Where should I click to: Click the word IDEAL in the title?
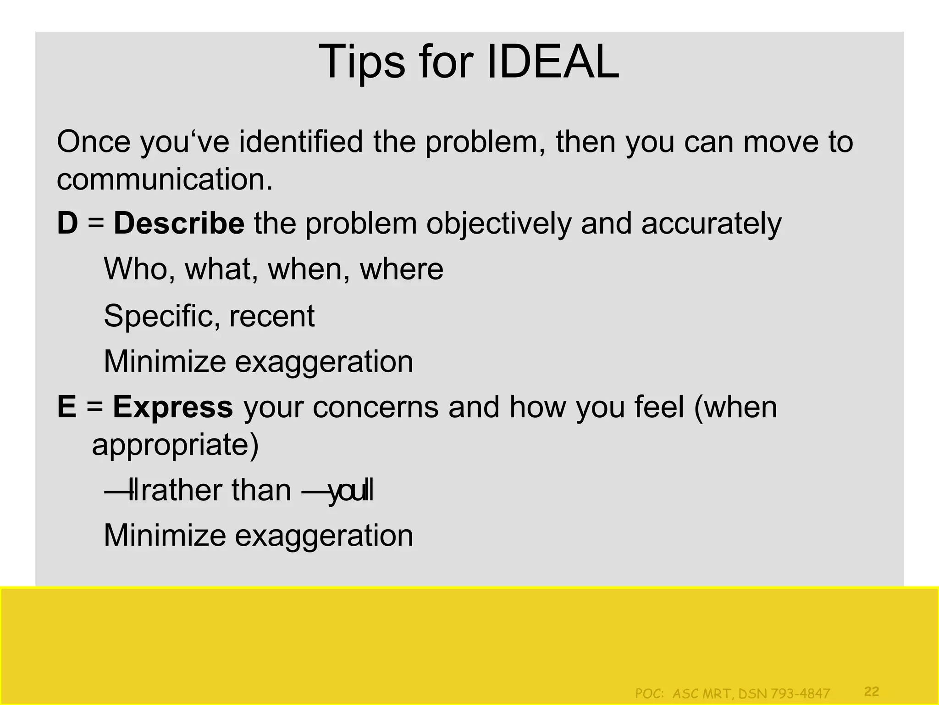click(x=552, y=62)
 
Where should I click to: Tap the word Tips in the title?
click(x=362, y=62)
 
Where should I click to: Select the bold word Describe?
click(x=179, y=224)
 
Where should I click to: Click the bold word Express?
click(x=173, y=407)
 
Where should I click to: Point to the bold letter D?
click(x=67, y=224)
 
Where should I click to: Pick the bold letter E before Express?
click(x=66, y=407)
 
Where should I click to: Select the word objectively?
click(x=499, y=224)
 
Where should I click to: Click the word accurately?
click(x=711, y=224)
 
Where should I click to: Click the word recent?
click(x=272, y=316)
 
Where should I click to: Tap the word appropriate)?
click(x=175, y=445)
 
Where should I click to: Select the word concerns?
click(x=376, y=407)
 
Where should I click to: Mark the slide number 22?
click(x=872, y=691)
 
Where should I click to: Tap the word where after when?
click(x=402, y=269)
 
